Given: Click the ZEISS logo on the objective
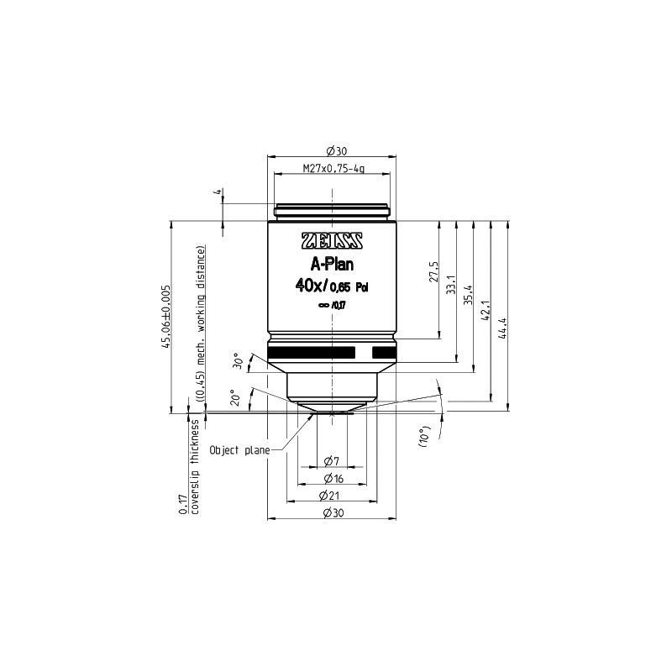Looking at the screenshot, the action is (x=333, y=241).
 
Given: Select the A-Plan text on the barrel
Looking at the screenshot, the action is (x=332, y=265).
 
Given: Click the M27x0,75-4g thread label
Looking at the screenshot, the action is (x=333, y=169).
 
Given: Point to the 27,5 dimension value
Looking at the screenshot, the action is (x=433, y=271).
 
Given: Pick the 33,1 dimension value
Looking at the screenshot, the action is (x=451, y=285).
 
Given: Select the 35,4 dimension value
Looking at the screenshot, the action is (x=468, y=295).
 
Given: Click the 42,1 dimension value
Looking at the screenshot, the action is (x=486, y=311).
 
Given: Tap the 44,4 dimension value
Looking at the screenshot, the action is (x=503, y=328).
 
